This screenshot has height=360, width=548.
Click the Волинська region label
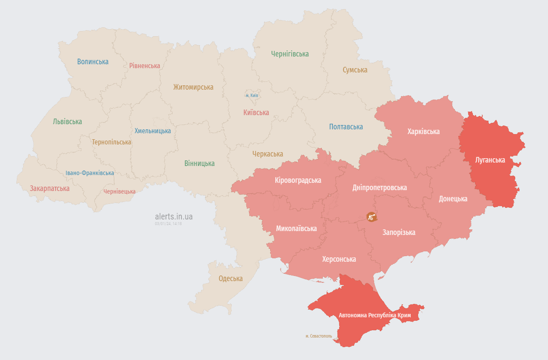click(x=93, y=62)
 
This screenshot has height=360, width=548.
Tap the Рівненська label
click(x=145, y=66)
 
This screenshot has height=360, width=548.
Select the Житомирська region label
click(x=193, y=87)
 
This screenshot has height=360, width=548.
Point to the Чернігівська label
click(x=290, y=54)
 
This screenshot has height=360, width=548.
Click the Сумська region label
click(x=355, y=70)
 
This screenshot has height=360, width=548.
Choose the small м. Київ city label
click(x=252, y=95)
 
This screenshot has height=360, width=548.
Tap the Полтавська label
click(x=346, y=127)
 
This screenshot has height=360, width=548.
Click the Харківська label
click(x=423, y=131)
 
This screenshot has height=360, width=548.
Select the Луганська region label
click(x=490, y=160)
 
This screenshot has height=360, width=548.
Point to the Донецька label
click(x=453, y=199)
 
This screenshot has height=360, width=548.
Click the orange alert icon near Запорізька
click(x=371, y=216)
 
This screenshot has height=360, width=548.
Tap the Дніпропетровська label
click(x=379, y=188)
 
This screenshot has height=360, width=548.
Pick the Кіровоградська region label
click(x=298, y=180)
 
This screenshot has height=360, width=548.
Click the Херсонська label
click(x=339, y=259)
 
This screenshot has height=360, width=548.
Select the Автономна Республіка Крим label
click(x=375, y=315)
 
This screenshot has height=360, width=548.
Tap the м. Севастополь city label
click(x=318, y=336)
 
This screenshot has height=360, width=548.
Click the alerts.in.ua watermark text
click(x=174, y=216)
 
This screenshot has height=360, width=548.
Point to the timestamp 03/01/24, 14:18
click(x=168, y=224)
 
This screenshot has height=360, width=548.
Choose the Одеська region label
click(x=230, y=279)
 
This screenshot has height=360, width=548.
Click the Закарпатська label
click(x=50, y=188)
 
